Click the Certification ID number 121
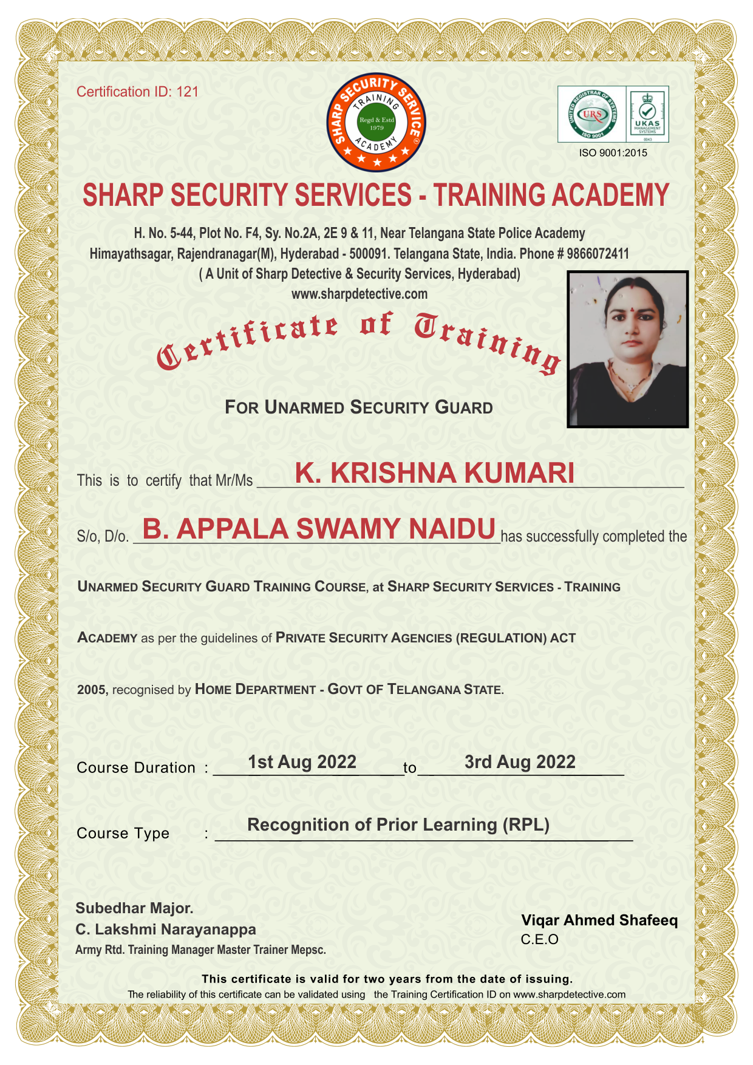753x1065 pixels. [188, 92]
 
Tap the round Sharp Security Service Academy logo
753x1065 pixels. [376, 123]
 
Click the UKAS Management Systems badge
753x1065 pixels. [647, 114]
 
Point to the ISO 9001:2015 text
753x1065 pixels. [613, 153]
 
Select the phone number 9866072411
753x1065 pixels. [598, 253]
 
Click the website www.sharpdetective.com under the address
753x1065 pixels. [359, 294]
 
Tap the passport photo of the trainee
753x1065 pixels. [627, 349]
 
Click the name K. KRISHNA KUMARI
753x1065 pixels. [434, 473]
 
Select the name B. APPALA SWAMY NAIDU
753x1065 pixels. [319, 529]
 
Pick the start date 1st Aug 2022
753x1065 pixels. [302, 762]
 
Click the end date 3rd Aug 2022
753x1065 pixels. [520, 762]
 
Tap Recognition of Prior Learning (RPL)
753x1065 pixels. [398, 825]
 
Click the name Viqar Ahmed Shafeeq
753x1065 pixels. [599, 920]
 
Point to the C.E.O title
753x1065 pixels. [539, 940]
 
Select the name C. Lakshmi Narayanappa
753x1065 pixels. [166, 930]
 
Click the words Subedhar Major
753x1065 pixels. [134, 908]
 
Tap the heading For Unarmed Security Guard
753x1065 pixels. [358, 407]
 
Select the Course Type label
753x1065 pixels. [123, 833]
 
